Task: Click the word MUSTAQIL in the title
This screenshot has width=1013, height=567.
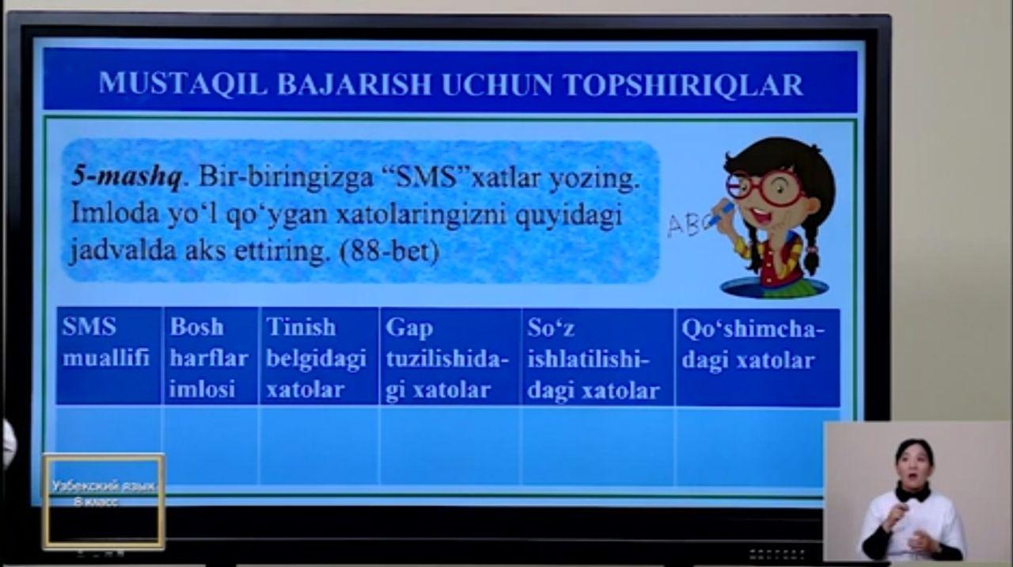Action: [x=183, y=84]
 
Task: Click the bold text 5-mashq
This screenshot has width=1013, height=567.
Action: [x=127, y=177]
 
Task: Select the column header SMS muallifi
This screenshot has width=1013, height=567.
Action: [x=106, y=343]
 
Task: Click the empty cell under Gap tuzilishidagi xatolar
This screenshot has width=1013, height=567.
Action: [x=450, y=446]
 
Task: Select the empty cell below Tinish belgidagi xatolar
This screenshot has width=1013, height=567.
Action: [x=319, y=446]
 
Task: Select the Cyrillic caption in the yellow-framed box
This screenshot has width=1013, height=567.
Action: [x=104, y=493]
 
